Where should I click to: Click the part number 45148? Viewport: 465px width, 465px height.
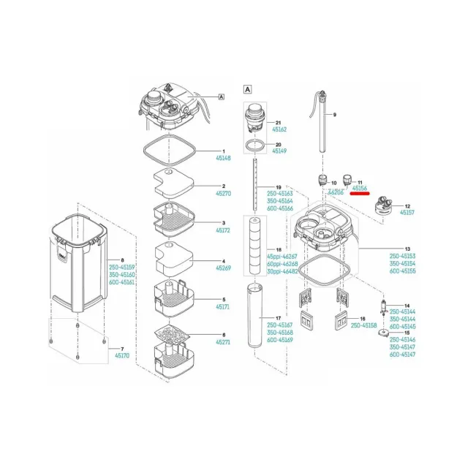click(x=222, y=158)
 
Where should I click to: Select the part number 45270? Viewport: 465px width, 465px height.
click(x=222, y=194)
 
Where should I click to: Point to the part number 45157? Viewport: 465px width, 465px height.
click(x=407, y=213)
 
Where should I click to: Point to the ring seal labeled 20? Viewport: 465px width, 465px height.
click(x=254, y=146)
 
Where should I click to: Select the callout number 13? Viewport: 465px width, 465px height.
click(x=407, y=249)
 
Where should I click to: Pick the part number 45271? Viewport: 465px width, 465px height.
click(x=223, y=341)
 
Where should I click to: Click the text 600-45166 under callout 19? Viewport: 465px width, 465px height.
click(x=281, y=208)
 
